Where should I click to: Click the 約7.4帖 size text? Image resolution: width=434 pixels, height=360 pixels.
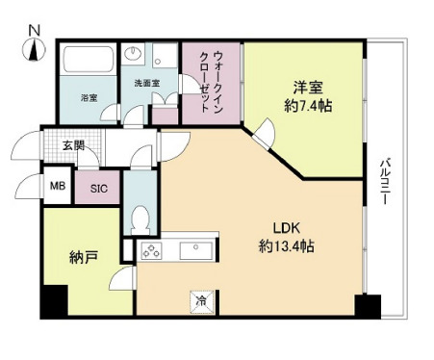pos(304,108)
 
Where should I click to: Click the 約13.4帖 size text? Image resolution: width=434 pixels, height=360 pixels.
pos(286,247)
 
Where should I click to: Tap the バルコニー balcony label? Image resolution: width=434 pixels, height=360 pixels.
pos(385,177)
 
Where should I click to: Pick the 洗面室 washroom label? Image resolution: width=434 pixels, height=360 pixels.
pos(145,83)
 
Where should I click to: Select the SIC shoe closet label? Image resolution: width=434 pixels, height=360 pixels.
pos(98,189)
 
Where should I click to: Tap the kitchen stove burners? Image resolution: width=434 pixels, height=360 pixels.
pos(152,252)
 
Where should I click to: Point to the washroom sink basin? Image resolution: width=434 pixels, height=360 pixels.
pos(136,54)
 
